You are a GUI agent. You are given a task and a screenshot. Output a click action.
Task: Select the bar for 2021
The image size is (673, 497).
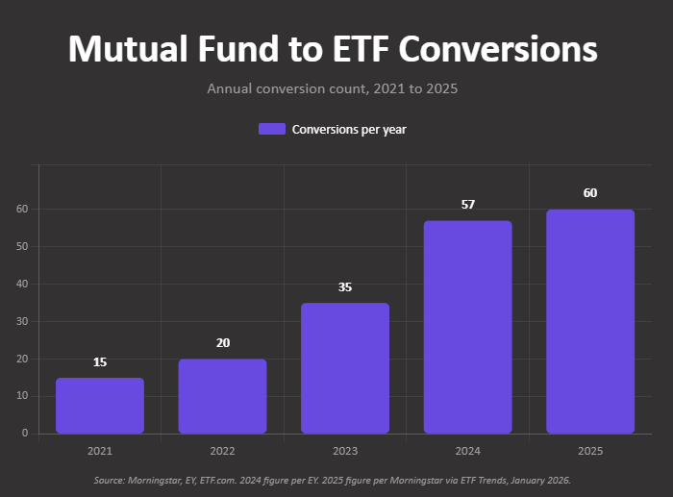[x=100, y=406]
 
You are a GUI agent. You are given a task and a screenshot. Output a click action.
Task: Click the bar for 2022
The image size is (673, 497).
[x=222, y=396]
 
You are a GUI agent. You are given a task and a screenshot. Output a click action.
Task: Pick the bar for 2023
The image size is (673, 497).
[x=345, y=368]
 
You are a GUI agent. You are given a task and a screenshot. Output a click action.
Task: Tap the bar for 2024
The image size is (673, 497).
[x=468, y=327]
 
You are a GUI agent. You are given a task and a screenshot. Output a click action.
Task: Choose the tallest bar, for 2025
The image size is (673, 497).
[x=590, y=321]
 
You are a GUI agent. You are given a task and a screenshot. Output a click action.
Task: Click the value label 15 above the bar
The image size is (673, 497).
[x=100, y=362]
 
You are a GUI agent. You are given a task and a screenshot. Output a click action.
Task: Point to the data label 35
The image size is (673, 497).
[x=345, y=287]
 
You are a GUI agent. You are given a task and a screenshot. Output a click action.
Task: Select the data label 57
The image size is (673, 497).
[x=468, y=205]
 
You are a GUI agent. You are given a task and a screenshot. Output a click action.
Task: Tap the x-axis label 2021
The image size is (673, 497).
[x=100, y=451]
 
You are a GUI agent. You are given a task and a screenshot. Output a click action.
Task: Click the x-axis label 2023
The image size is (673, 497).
[x=345, y=451]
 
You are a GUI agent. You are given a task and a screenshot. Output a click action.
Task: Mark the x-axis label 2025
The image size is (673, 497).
[x=590, y=451]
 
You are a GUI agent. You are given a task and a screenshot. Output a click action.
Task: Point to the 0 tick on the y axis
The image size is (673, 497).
[x=24, y=434]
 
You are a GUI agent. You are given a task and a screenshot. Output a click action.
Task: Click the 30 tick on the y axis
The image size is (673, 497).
[x=21, y=321]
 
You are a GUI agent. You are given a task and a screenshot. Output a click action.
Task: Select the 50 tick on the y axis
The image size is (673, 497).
[x=21, y=246]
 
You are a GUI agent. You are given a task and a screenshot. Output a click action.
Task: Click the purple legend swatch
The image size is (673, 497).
[x=272, y=129]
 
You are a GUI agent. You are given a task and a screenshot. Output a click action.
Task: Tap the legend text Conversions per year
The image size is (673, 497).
[x=349, y=129]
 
